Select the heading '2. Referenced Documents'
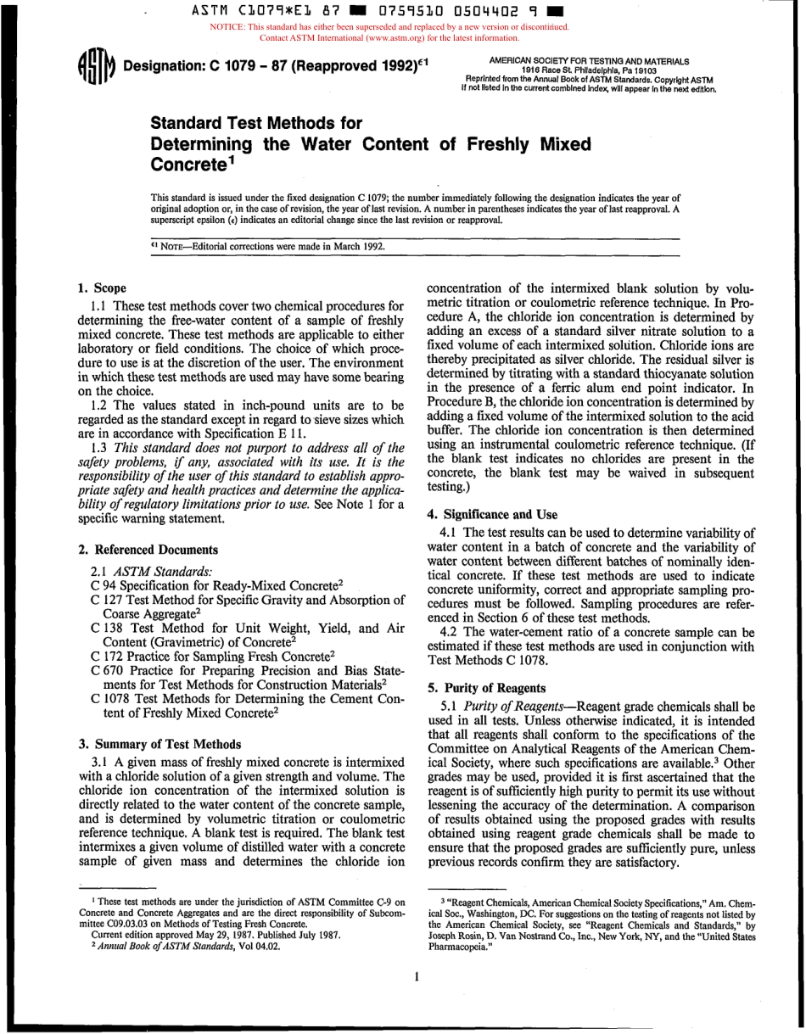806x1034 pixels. [x=148, y=550]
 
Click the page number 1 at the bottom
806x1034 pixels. [x=417, y=977]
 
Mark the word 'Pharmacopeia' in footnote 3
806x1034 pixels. [x=459, y=942]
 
